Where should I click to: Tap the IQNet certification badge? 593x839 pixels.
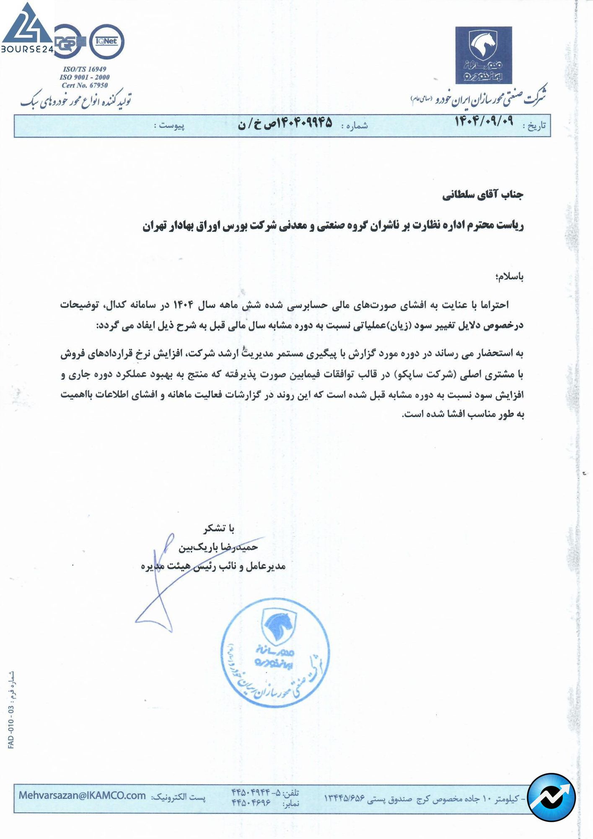[x=107, y=41]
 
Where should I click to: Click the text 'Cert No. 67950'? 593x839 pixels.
[x=85, y=85]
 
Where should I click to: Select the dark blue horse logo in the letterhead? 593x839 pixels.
[x=484, y=55]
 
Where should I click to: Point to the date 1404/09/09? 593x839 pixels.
[x=484, y=122]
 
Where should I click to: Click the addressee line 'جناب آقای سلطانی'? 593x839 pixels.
[x=483, y=195]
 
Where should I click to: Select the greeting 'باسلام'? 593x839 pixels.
[x=509, y=276]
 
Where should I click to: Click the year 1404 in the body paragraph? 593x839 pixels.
[x=183, y=305]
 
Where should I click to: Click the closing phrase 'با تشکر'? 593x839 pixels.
[x=219, y=528]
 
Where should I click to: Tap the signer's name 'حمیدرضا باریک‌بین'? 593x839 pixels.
[x=218, y=547]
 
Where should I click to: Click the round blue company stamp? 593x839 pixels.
[x=275, y=653]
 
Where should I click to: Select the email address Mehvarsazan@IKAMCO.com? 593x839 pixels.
[x=82, y=796]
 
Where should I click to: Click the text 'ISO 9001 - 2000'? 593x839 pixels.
[x=85, y=77]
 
